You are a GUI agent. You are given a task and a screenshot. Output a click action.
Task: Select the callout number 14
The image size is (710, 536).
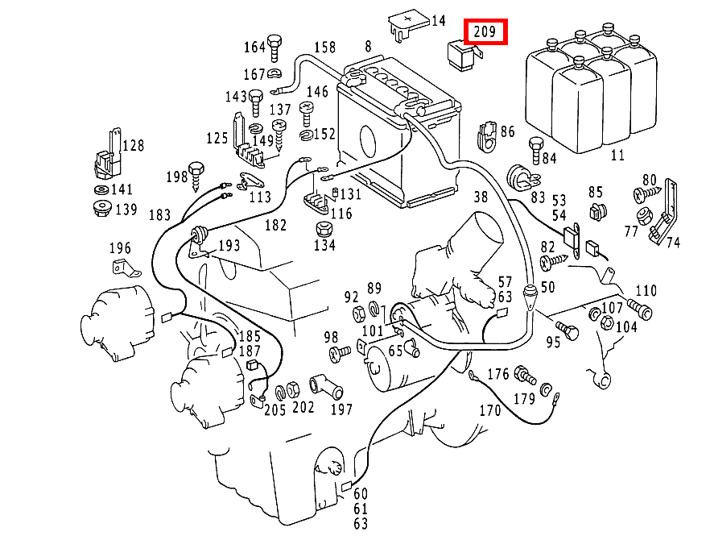click(438, 21)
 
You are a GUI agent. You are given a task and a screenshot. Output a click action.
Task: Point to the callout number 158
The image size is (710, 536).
click(324, 47)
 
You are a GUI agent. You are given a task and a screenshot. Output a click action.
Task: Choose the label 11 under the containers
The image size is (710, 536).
click(617, 156)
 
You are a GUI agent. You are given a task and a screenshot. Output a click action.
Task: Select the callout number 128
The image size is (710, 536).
click(134, 145)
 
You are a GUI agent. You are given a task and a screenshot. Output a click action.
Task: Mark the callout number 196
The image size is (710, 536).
click(119, 248)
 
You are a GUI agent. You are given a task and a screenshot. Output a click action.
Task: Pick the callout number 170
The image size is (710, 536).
click(489, 410)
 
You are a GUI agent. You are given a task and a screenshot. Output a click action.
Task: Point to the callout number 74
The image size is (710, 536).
click(672, 243)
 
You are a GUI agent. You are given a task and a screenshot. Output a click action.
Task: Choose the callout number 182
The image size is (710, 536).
click(275, 225)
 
